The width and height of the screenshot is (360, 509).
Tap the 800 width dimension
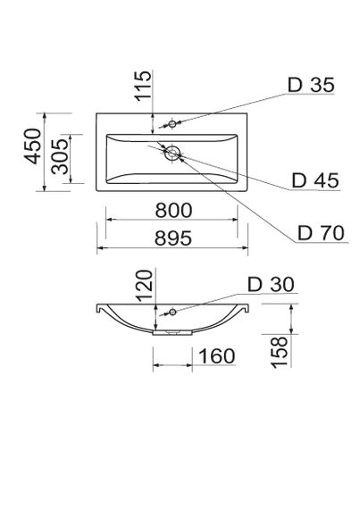point(173,211)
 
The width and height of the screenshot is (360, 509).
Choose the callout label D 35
point(309,86)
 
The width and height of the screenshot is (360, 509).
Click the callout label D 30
point(267,285)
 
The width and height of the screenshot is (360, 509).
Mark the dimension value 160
point(214,356)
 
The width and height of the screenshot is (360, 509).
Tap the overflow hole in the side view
point(172,312)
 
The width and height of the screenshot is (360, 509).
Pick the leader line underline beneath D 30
point(267,296)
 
